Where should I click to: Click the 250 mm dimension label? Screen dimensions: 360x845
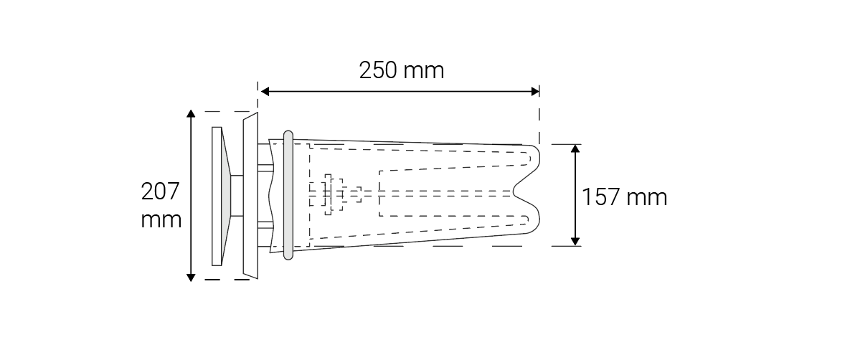tap(401, 70)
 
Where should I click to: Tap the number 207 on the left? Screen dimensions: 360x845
tap(160, 192)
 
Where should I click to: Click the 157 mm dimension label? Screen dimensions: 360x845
tap(624, 196)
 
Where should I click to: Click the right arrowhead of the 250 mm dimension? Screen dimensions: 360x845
tap(534, 91)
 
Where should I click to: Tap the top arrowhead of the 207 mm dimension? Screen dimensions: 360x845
tap(190, 115)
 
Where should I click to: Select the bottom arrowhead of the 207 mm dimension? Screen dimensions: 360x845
tap(190, 276)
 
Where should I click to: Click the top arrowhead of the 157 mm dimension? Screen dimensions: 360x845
tap(575, 149)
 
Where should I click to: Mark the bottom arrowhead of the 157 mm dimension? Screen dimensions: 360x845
tap(575, 241)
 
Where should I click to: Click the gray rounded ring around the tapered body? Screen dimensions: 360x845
tap(288, 194)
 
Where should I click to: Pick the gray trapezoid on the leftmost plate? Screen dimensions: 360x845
tap(226, 194)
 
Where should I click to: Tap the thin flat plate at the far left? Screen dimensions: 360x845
tap(216, 195)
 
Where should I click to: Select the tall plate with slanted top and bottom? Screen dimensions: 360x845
tap(250, 194)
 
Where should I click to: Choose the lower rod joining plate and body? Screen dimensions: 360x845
tap(265, 225)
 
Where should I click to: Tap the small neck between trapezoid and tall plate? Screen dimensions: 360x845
tap(237, 194)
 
